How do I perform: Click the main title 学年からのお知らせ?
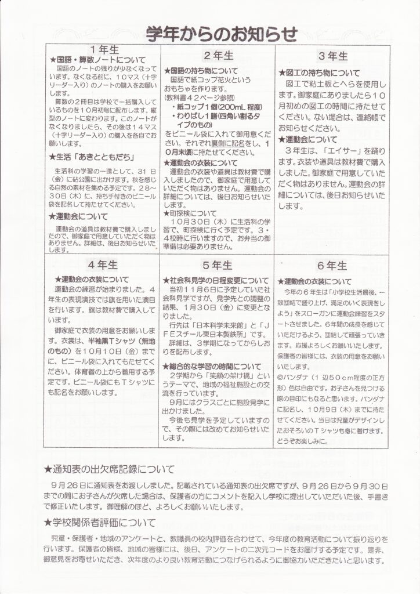click(222, 33)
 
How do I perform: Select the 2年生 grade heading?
click(218, 56)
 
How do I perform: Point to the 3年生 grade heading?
click(334, 56)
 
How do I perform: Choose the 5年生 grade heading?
click(218, 265)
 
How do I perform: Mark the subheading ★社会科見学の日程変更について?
click(216, 279)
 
